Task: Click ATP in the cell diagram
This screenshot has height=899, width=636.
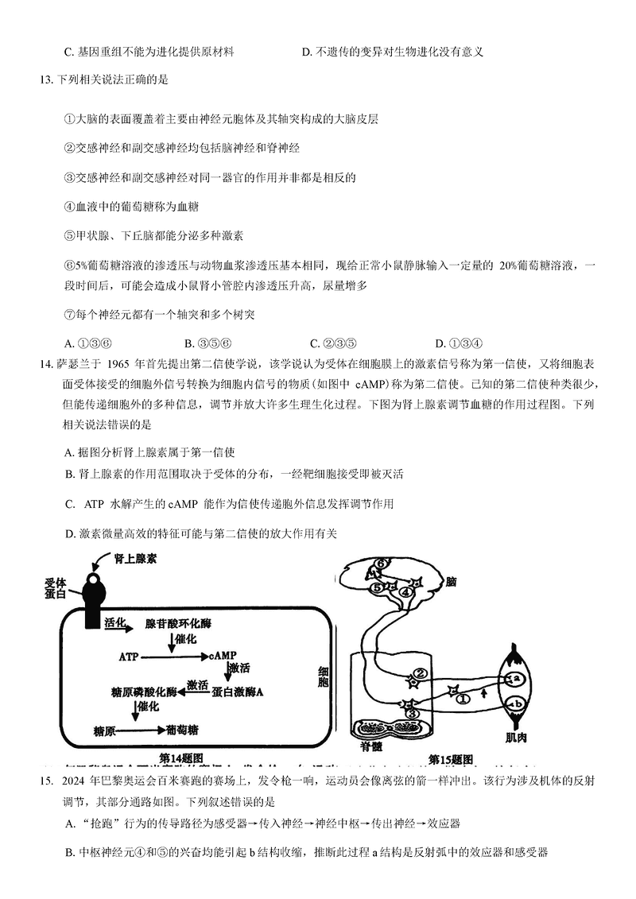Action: point(128,657)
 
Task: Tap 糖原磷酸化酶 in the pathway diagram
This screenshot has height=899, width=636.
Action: point(141,692)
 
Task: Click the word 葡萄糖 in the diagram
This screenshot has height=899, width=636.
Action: point(183,729)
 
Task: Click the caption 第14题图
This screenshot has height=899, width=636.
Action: point(182,758)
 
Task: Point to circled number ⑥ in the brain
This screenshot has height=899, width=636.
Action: point(382,564)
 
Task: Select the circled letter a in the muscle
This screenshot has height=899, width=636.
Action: point(516,678)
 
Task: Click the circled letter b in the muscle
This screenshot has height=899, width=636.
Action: point(516,704)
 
